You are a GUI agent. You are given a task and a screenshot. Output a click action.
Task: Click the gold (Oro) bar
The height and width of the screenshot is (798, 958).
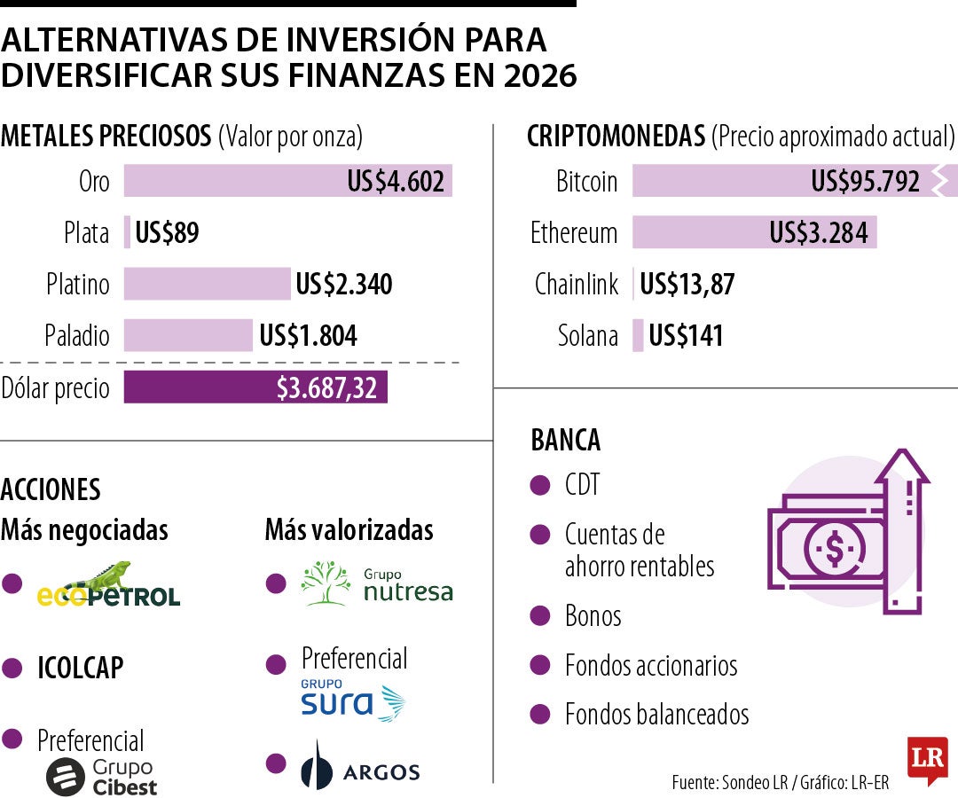pos(287,181)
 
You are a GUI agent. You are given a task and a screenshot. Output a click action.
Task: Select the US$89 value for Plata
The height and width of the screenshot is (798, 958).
pos(167,233)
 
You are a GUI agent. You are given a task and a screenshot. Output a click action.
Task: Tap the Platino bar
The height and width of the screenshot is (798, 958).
pos(207,284)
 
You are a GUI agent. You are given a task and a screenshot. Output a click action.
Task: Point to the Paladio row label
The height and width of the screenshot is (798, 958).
pos(77,336)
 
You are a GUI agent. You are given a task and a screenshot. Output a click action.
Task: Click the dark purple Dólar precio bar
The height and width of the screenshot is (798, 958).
pos(255,387)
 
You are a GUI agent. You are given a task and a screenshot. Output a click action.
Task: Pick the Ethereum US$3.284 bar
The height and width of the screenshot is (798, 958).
pos(754,233)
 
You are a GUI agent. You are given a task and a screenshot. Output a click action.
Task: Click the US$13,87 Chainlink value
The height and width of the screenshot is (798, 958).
pos(687,285)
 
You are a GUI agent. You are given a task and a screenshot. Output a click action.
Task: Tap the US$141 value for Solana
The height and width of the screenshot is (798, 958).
pos(686,336)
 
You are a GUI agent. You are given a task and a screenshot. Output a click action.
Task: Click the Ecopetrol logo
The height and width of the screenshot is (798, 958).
pos(108,584)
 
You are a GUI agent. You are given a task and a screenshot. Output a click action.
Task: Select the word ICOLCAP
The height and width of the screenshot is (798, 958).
pos(80,668)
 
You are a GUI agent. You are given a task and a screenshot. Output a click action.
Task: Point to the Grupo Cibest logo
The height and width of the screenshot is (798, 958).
pos(101,776)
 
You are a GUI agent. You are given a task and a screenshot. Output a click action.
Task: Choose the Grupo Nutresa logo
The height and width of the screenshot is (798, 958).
pos(376,585)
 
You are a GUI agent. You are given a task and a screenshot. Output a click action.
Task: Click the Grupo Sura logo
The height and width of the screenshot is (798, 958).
pos(352,700)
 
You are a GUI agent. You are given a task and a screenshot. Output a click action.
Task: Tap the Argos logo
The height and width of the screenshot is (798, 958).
pos(359,767)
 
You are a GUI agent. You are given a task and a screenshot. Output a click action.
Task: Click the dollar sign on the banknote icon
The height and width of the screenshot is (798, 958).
pos(834,549)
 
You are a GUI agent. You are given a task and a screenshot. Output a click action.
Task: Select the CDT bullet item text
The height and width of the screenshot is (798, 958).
pos(583,485)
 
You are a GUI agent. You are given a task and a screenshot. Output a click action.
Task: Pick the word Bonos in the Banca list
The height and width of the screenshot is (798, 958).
pos(593,615)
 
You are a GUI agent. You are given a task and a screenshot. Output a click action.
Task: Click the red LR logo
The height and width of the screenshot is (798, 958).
pos(926,759)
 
